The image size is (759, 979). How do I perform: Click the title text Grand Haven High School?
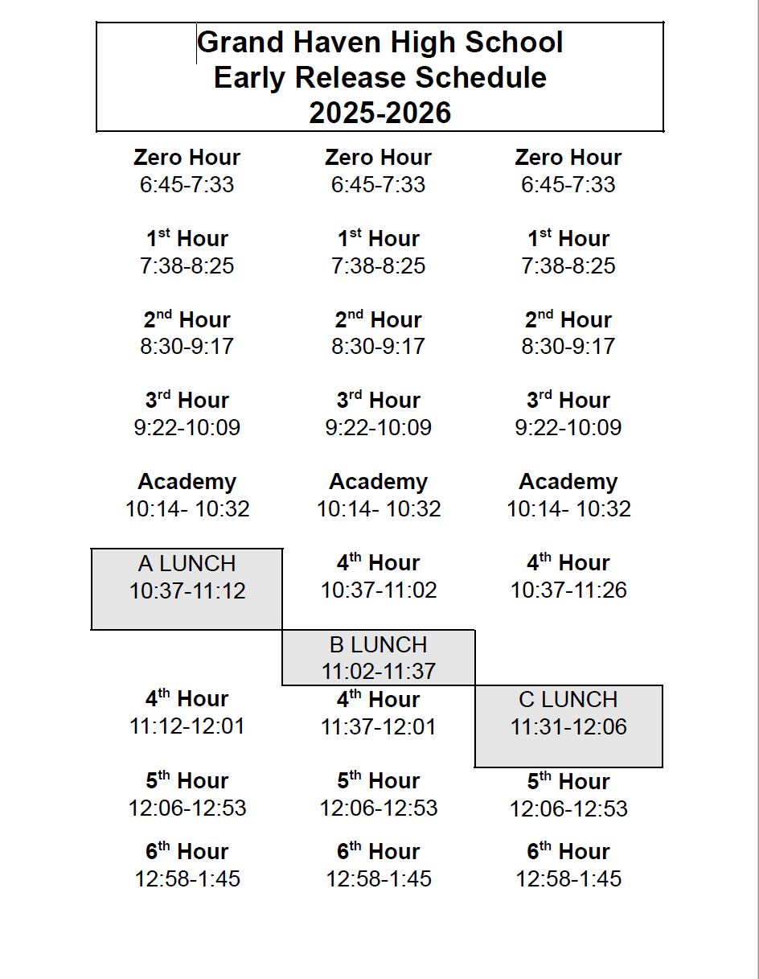click(x=379, y=43)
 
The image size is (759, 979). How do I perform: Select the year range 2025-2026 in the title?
click(x=379, y=113)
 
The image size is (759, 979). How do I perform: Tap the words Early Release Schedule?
click(x=379, y=78)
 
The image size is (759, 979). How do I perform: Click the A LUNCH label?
click(x=187, y=563)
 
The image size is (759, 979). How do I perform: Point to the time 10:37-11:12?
click(x=187, y=591)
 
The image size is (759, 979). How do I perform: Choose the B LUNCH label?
click(x=378, y=644)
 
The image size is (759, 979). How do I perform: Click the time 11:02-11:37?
click(x=378, y=672)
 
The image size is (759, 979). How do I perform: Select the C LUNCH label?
click(x=568, y=699)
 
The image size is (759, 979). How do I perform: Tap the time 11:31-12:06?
click(x=568, y=727)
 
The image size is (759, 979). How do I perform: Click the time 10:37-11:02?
click(x=378, y=590)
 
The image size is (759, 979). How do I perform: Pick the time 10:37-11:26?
click(x=568, y=590)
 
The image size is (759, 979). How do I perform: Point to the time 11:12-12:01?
click(x=187, y=726)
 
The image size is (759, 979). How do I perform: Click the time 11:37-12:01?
click(x=378, y=727)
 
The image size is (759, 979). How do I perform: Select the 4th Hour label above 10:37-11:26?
click(x=568, y=562)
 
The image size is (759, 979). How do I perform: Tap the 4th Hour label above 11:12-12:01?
click(x=187, y=698)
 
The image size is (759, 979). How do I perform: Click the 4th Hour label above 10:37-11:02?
click(x=378, y=562)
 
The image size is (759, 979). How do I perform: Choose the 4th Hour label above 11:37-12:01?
click(x=378, y=699)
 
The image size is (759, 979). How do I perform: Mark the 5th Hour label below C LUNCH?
click(x=568, y=781)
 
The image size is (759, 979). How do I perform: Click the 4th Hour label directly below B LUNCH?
click(x=378, y=699)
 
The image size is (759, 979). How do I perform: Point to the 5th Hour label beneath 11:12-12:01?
click(x=187, y=780)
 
